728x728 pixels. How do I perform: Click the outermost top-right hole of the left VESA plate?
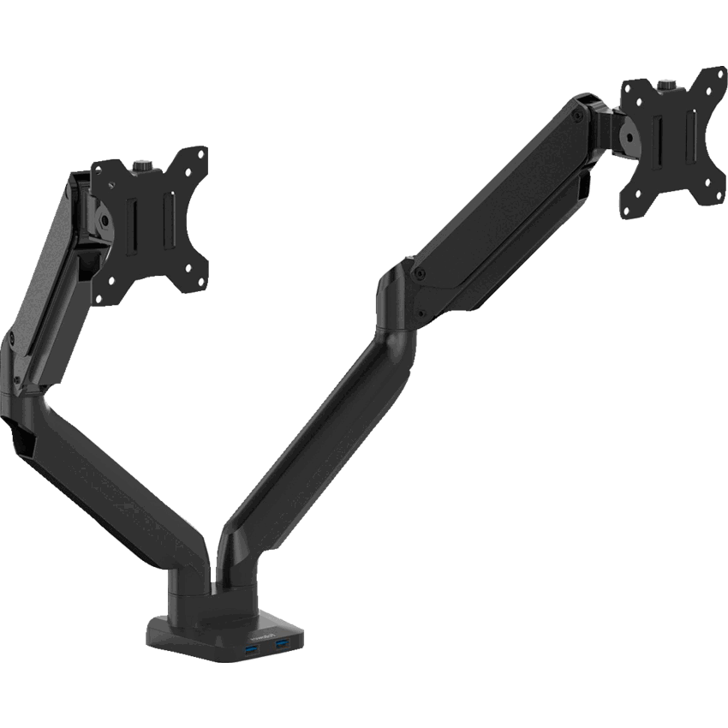tap(201, 154)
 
